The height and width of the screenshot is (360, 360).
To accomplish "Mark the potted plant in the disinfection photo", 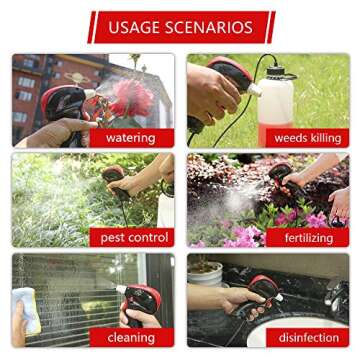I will click(x=208, y=272).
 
